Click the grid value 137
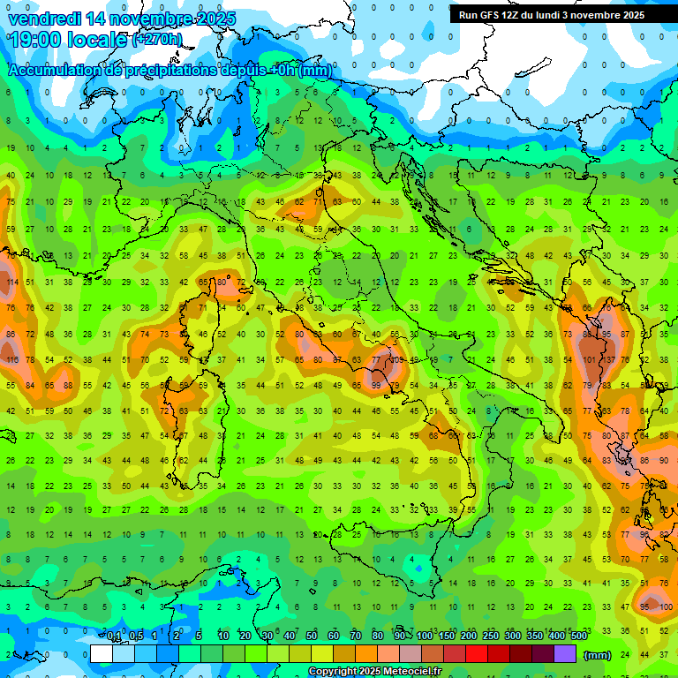pyautogui.click(x=607, y=360)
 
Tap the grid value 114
pyautogui.click(x=11, y=282)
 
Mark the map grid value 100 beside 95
pyautogui.click(x=666, y=607)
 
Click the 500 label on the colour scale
pyautogui.click(x=579, y=637)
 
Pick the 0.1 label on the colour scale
pyautogui.click(x=114, y=637)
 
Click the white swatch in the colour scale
pyautogui.click(x=102, y=654)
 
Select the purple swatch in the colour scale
pyautogui.click(x=566, y=654)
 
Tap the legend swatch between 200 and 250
pyautogui.click(x=479, y=654)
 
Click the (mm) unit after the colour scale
pyautogui.click(x=598, y=655)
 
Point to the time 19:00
pyautogui.click(x=37, y=39)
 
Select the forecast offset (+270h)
pyautogui.click(x=157, y=39)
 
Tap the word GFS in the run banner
pyautogui.click(x=491, y=15)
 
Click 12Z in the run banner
pyautogui.click(x=514, y=15)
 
